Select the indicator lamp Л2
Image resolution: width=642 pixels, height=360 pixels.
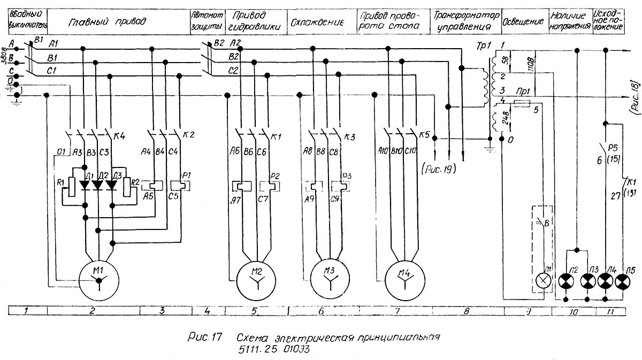click(x=565, y=280)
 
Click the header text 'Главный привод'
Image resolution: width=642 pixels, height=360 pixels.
click(x=107, y=22)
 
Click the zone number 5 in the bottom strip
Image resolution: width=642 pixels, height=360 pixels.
click(x=255, y=311)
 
